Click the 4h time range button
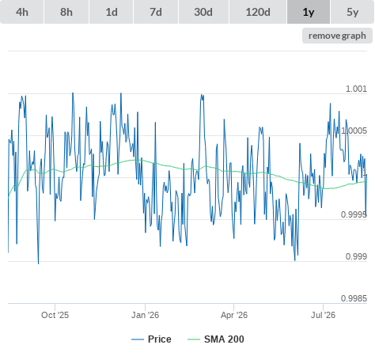click(x=22, y=12)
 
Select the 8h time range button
click(x=66, y=12)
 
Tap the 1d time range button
click(x=112, y=12)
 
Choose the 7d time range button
click(x=156, y=12)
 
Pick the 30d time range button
click(x=203, y=12)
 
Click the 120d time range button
click(x=258, y=12)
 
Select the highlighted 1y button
click(x=309, y=12)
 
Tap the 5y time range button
click(x=353, y=12)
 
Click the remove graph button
click(x=337, y=36)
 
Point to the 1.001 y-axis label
click(x=356, y=89)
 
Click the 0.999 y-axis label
click(x=356, y=256)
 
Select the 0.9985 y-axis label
click(x=354, y=298)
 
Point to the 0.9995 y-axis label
click(x=354, y=214)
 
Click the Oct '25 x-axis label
click(x=55, y=315)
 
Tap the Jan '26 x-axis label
click(x=145, y=315)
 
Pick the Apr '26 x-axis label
click(x=234, y=315)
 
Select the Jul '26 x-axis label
click(x=323, y=315)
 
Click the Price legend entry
click(x=151, y=339)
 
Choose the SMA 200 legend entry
click(x=216, y=339)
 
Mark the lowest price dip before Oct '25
click(x=39, y=263)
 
